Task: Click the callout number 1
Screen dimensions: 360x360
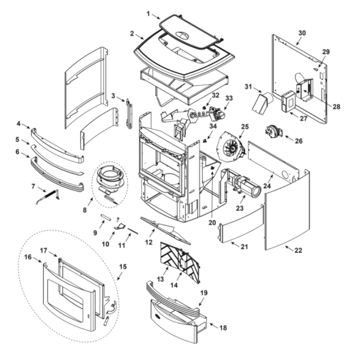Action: pos(148,13)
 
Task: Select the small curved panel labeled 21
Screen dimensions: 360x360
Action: pos(240,225)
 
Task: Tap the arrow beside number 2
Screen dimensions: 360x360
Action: pos(140,36)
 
